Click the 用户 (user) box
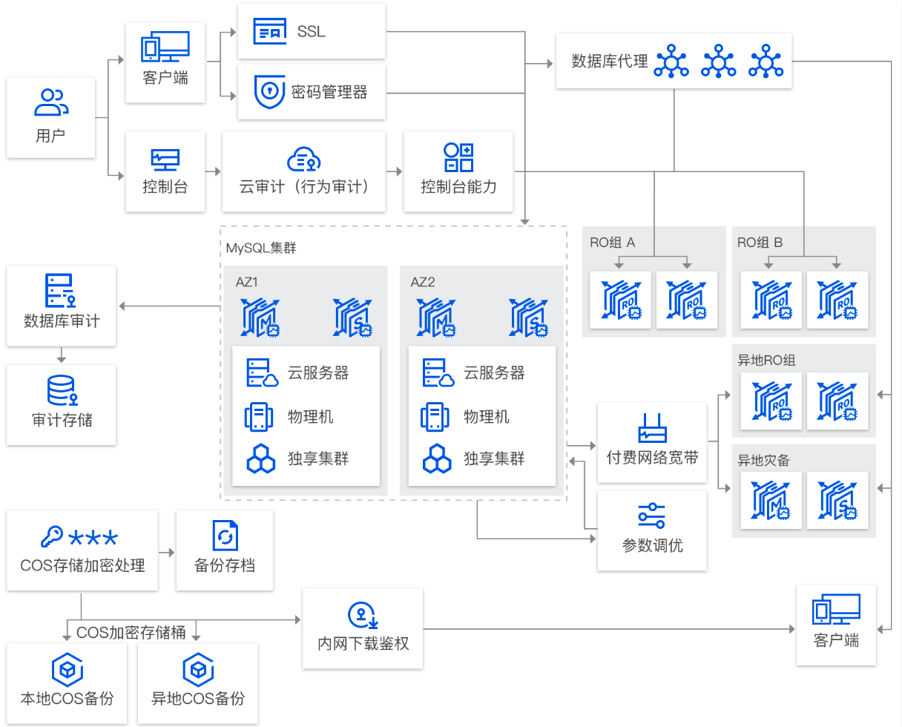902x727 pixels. tap(51, 117)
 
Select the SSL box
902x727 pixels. tap(312, 31)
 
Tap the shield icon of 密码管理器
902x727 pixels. tap(269, 91)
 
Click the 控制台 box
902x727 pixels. tap(165, 171)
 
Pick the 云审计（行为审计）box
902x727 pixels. tap(303, 171)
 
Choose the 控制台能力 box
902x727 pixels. tap(458, 171)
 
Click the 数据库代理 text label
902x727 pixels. tap(610, 62)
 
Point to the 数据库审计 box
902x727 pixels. tap(62, 305)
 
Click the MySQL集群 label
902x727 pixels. tap(261, 248)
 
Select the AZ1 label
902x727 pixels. tap(246, 282)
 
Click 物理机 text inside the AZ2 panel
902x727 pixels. tap(487, 416)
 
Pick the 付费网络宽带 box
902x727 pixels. tap(652, 442)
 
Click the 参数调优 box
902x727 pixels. tap(652, 530)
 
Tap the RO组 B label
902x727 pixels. tap(760, 243)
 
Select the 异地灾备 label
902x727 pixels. tap(763, 460)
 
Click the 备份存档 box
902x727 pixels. tap(225, 550)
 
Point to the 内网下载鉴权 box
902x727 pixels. tap(363, 628)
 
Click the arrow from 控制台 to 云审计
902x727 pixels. tap(213, 171)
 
